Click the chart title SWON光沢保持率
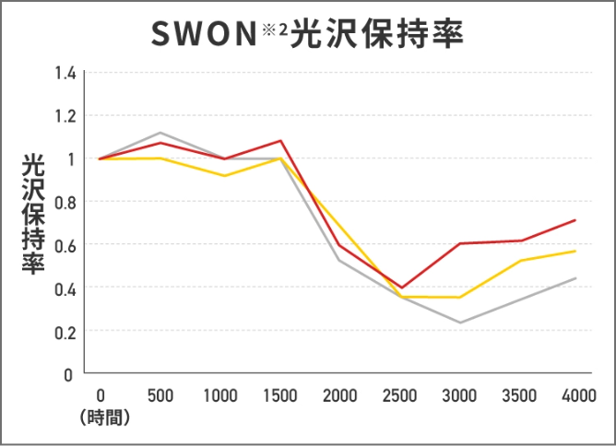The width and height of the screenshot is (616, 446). click(x=307, y=34)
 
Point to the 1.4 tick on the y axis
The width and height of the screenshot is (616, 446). click(x=64, y=73)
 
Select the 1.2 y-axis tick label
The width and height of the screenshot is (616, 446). click(x=64, y=116)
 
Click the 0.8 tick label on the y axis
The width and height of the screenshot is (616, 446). click(x=64, y=202)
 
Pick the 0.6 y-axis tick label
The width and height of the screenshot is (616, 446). click(x=64, y=245)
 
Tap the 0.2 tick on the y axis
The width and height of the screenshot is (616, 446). click(x=64, y=332)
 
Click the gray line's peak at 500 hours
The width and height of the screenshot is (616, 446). click(x=160, y=133)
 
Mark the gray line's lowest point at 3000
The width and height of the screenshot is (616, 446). click(x=459, y=323)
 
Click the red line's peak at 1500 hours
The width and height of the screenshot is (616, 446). click(x=280, y=141)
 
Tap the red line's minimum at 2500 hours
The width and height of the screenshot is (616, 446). click(x=400, y=288)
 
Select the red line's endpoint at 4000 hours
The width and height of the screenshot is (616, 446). click(x=575, y=220)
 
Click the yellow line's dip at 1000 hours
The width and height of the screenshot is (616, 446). click(x=220, y=176)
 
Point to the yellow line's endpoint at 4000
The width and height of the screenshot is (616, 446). click(x=575, y=251)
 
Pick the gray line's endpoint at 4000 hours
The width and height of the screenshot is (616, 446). click(x=575, y=278)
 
